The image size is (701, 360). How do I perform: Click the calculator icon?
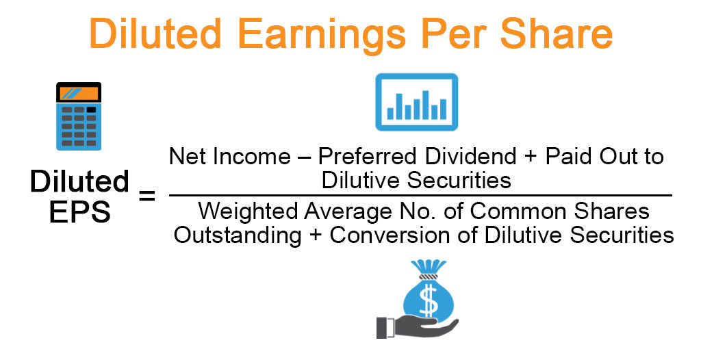coord(79,116)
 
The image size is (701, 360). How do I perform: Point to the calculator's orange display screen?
coord(79,93)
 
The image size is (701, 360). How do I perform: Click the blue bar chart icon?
coord(416,102)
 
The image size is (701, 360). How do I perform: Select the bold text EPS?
coord(79,212)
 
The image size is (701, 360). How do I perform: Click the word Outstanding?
coord(237,234)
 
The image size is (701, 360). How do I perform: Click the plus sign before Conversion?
coord(316,235)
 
